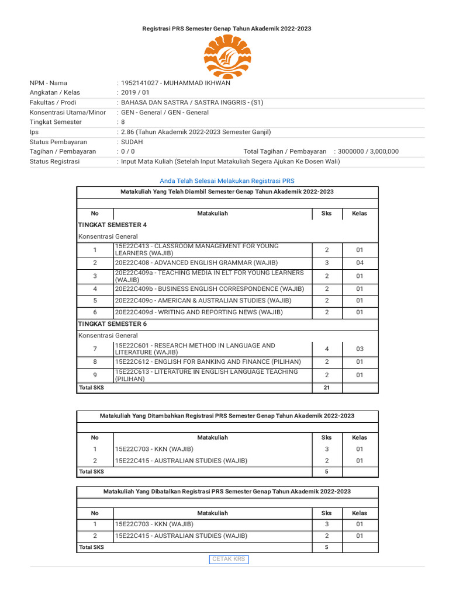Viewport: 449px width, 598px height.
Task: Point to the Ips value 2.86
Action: click(x=127, y=132)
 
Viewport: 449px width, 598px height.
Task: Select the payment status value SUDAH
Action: click(x=132, y=142)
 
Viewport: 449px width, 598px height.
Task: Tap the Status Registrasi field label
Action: click(x=54, y=161)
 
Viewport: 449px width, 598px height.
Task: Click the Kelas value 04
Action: click(x=360, y=263)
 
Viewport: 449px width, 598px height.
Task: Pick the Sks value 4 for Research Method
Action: click(x=327, y=349)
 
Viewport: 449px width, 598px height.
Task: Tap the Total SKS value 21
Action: click(x=327, y=388)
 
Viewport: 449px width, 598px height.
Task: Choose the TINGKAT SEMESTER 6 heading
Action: click(x=112, y=324)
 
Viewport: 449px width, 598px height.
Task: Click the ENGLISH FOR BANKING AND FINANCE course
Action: click(x=208, y=362)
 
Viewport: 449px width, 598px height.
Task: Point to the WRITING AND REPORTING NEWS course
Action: click(x=199, y=312)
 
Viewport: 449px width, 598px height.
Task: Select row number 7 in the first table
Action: click(x=95, y=349)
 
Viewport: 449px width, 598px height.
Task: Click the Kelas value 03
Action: click(x=360, y=349)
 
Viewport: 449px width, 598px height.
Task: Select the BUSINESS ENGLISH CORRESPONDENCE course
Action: click(x=209, y=289)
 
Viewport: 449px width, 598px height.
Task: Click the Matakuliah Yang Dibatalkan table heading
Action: click(x=227, y=492)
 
